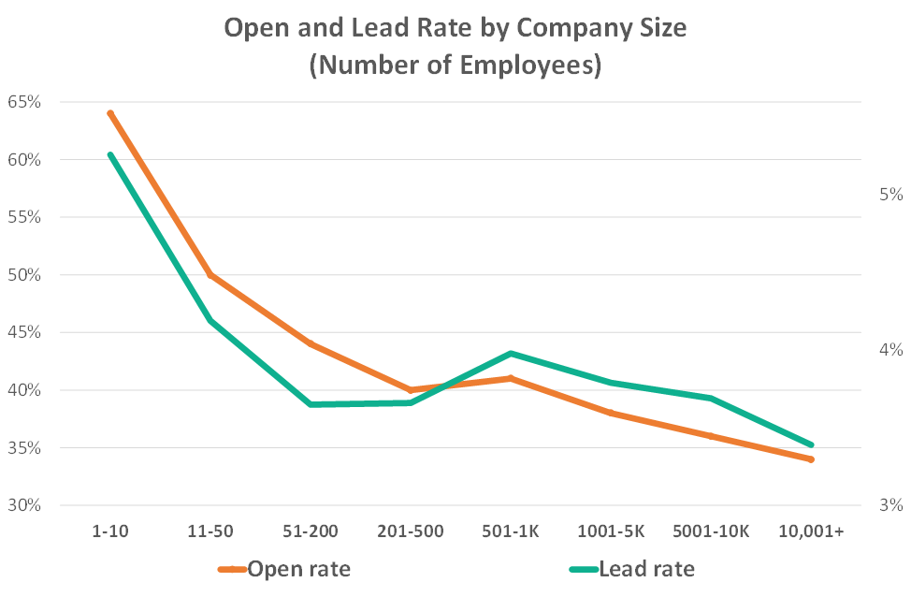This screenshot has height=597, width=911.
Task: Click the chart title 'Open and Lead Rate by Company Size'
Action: click(455, 28)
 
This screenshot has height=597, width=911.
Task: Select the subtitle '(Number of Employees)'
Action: click(455, 67)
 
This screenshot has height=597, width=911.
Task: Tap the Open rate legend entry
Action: click(285, 568)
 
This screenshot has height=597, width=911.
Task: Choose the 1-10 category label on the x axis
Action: click(110, 531)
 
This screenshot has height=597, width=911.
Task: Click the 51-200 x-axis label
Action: click(311, 531)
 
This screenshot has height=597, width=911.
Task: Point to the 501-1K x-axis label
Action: click(511, 531)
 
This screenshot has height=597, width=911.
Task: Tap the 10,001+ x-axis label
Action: click(811, 531)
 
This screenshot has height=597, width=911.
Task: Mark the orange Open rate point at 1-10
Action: click(110, 113)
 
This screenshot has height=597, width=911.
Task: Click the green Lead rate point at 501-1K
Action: click(511, 354)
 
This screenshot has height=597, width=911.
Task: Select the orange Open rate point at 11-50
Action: click(210, 275)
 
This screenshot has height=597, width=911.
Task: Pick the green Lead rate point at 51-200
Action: click(311, 404)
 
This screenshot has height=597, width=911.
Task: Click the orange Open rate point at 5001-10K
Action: click(711, 436)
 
